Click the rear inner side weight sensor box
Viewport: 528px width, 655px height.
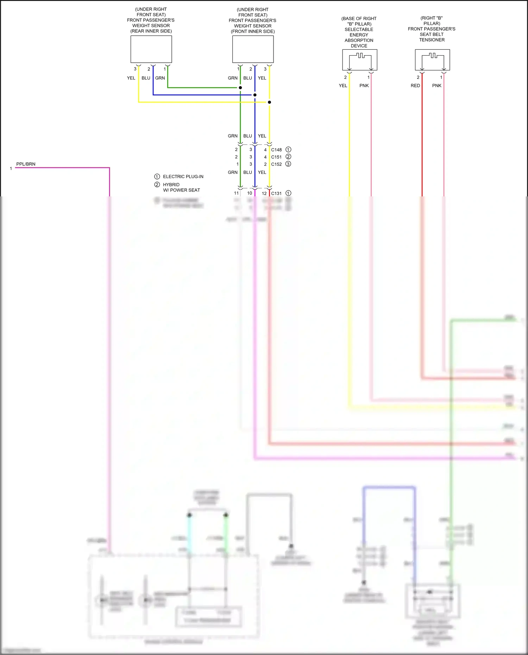[x=151, y=49]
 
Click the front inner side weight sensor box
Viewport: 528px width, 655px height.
[x=253, y=49]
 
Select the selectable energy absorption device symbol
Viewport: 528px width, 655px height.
[x=359, y=60]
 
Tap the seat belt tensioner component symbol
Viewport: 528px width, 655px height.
[x=432, y=60]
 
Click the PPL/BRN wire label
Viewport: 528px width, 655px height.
[x=26, y=164]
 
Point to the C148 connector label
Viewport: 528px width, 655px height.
[x=276, y=150]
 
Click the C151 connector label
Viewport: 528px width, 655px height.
[x=276, y=157]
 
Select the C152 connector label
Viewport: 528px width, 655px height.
[x=276, y=164]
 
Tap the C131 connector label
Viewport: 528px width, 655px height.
[x=276, y=194]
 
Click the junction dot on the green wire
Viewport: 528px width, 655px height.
[x=240, y=88]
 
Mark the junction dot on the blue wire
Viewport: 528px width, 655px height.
[x=255, y=95]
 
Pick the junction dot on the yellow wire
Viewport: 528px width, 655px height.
[x=269, y=102]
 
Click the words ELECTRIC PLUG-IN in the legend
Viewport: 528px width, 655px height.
[x=183, y=177]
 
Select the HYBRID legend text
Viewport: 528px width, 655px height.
[x=171, y=185]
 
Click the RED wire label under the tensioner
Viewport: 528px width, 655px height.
[x=415, y=86]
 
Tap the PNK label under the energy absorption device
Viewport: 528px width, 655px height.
[x=364, y=86]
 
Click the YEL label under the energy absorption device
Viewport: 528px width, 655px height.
[x=343, y=86]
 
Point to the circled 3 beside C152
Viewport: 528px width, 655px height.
[x=288, y=164]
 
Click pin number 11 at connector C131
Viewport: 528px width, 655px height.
[x=236, y=193]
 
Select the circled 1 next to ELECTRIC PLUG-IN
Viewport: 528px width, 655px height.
[x=157, y=177]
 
